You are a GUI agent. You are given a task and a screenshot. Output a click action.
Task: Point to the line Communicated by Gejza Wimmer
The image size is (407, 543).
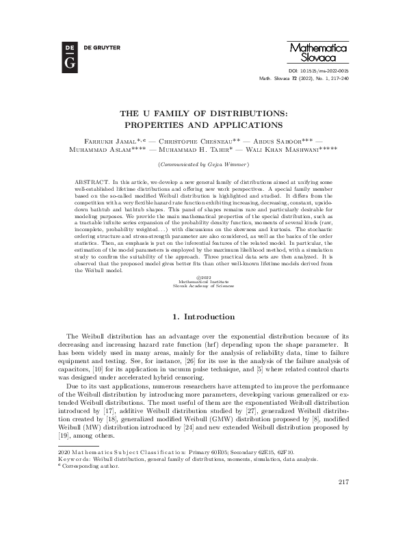(x=203, y=165)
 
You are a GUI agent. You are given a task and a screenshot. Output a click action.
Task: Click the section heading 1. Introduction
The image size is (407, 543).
(x=203, y=317)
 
